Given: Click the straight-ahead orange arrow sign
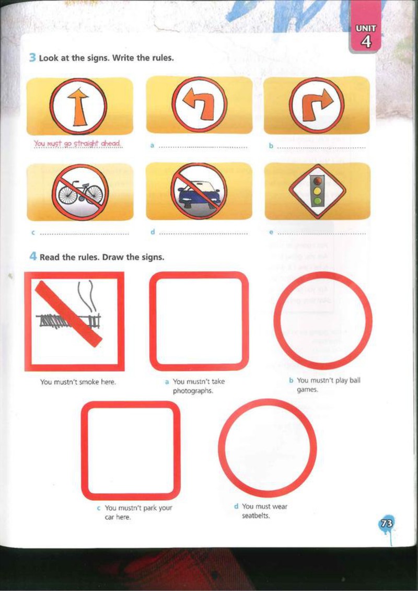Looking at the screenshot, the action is point(79,106).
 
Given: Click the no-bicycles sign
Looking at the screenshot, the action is point(80,192).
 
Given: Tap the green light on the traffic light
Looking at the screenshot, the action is point(318,201).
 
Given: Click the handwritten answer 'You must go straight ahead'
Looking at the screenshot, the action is point(78,144).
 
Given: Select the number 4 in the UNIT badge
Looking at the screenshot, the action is point(365,42).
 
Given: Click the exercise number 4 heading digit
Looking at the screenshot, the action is point(33,257).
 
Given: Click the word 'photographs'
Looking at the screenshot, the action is point(193,391).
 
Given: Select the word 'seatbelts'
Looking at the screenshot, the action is point(256,516).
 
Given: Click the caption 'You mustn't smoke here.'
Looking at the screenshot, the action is point(78,382).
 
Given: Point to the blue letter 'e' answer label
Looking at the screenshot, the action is point(271,233).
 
